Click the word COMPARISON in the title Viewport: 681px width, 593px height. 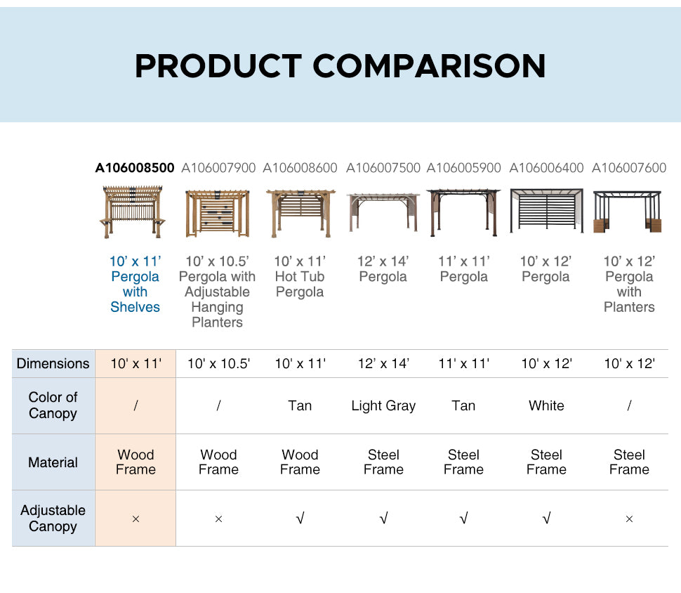[429, 66]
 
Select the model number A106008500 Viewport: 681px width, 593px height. [135, 168]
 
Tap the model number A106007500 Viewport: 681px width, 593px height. [383, 168]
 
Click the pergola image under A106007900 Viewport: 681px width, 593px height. [218, 213]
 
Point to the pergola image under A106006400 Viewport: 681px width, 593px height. [546, 211]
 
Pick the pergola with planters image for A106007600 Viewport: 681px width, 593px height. [628, 211]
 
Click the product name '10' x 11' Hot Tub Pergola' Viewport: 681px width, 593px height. [300, 277]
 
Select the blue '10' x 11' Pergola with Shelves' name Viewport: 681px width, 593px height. [135, 284]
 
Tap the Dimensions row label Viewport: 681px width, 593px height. [53, 363]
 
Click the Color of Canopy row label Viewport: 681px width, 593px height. [53, 405]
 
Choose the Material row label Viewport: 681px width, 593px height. [53, 462]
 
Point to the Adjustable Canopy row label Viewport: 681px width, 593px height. [53, 518]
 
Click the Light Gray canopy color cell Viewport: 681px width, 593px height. [383, 405]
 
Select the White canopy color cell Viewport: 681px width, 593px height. [546, 405]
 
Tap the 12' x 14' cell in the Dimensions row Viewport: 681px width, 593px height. [383, 363]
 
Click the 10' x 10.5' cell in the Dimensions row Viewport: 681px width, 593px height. [218, 363]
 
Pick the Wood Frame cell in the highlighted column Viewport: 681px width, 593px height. [135, 462]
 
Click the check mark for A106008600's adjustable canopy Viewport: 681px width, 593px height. [300, 519]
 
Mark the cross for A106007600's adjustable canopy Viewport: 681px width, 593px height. [629, 519]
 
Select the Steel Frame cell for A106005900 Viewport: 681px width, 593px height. [463, 462]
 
